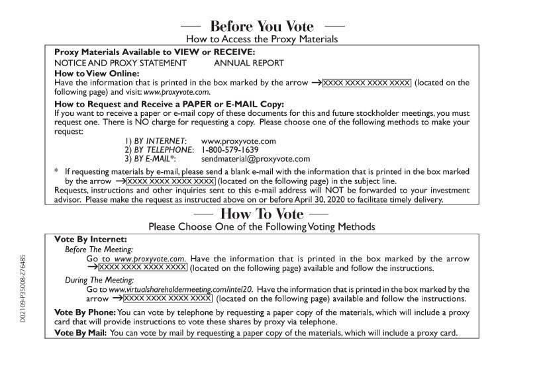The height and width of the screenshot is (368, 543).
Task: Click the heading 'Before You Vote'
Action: coord(262,26)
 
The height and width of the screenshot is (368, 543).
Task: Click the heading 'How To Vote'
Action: coord(262,214)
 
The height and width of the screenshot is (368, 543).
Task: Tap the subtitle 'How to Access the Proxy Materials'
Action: coord(262,39)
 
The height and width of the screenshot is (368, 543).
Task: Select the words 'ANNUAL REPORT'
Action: coord(249,63)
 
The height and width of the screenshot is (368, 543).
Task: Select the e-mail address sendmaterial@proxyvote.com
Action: coord(256,159)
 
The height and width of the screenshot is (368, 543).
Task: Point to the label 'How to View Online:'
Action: coord(97,73)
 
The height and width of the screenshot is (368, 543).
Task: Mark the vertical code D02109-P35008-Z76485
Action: coord(23,287)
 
